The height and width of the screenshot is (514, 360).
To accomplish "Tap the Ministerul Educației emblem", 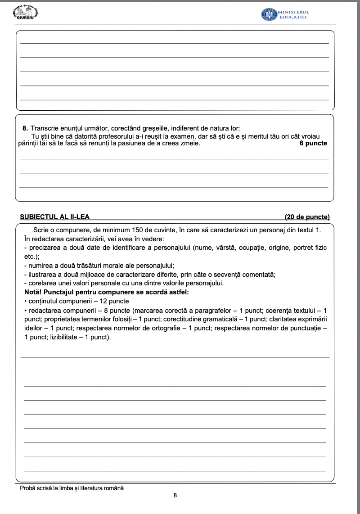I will (x=269, y=14).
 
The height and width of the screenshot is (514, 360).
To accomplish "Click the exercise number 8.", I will (x=25, y=128).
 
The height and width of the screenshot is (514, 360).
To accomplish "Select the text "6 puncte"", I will (x=313, y=144).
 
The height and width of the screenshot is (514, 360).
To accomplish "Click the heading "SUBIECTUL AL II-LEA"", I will (x=55, y=217).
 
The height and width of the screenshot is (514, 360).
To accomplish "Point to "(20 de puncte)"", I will (x=307, y=217).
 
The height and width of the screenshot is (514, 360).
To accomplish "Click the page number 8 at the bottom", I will (x=175, y=495).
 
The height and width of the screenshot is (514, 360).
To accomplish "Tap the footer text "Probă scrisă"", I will (x=36, y=488).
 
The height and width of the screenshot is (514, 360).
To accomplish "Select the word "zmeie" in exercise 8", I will (x=191, y=144).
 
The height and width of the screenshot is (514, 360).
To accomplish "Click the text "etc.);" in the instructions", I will (x=31, y=257).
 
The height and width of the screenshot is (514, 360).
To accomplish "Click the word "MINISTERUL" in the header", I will (x=294, y=12).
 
